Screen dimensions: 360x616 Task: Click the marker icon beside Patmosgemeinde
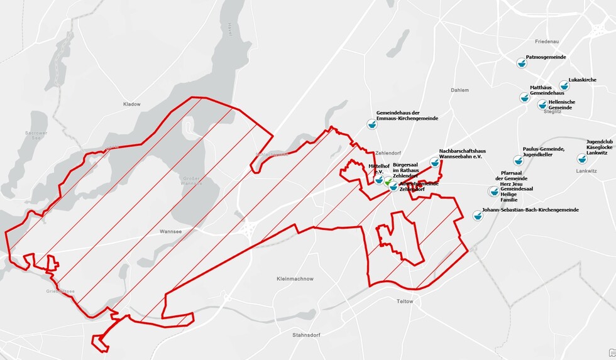[520, 62]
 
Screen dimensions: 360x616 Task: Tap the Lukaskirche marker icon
[564, 85]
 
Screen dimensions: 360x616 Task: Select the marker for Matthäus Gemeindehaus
[524, 97]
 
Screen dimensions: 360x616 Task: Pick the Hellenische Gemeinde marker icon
[542, 104]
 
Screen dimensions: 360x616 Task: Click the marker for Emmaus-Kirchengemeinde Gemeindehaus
[371, 124]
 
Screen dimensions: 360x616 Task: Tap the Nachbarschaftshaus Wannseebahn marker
[434, 163]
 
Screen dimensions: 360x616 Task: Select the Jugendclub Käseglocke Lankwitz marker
[582, 158]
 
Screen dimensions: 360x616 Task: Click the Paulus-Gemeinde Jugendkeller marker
[518, 160]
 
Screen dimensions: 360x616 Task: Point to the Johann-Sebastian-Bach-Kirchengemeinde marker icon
[477, 215]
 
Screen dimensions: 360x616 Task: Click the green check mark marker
[389, 182]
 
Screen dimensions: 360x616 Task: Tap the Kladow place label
[132, 104]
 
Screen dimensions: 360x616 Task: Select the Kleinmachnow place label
[295, 278]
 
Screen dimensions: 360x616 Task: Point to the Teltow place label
[405, 302]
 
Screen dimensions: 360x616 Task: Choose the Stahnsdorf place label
[307, 335]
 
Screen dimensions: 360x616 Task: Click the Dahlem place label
[459, 90]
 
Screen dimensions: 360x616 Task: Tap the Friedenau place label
[547, 41]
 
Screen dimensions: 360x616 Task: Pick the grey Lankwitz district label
[585, 171]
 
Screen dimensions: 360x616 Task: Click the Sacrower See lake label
[32, 136]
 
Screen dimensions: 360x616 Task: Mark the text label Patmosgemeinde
[546, 57]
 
